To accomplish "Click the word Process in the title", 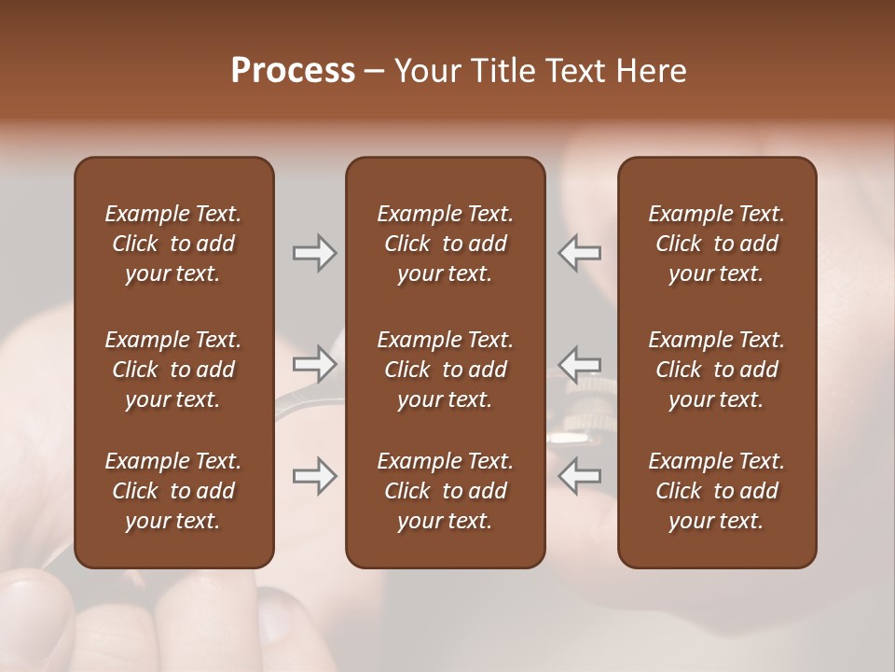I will [293, 71].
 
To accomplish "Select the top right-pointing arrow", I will [314, 253].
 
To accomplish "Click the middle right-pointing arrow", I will [314, 363].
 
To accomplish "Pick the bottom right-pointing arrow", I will [314, 476].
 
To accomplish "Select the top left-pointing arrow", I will [579, 253].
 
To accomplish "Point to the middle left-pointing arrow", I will [579, 363].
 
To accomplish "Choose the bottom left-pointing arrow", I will [579, 476].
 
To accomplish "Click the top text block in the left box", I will [173, 244].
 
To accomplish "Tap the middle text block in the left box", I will [173, 370].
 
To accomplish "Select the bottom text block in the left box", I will [173, 491].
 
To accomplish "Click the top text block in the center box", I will [445, 244].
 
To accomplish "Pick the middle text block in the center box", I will [445, 370].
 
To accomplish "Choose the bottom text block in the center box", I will [445, 491].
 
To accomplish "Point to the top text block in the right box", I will [717, 244].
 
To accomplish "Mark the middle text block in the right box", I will [717, 370].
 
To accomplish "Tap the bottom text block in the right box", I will [717, 491].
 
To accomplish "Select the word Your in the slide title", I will [424, 71].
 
